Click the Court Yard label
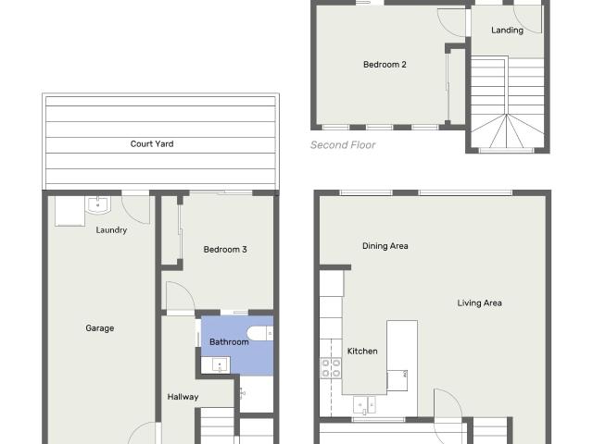coord(152,144)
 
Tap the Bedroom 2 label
coord(385,65)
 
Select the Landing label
coord(507,31)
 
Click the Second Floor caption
coord(343,145)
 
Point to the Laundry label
coord(111,230)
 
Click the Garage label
coord(100,328)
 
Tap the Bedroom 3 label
coord(225,250)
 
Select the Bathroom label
coord(229,342)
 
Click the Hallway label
coord(183,397)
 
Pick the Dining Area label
coord(385,246)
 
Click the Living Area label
coord(479,302)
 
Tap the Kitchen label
coord(362,351)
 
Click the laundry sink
coord(98,204)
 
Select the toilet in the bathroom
coord(259,334)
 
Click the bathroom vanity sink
coord(218,365)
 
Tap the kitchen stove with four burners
coord(331,368)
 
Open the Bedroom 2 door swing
coord(451,20)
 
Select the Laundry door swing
coord(136,207)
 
